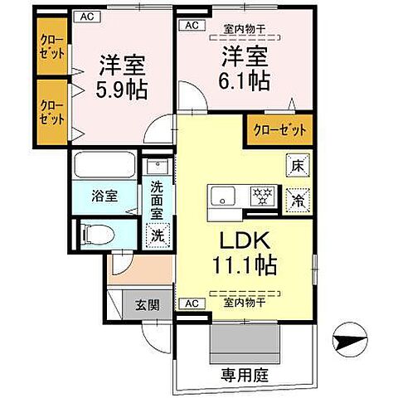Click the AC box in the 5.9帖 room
(85, 16)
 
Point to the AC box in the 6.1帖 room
(192, 26)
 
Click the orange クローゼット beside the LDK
(279, 130)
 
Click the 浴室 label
(105, 197)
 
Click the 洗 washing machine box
(158, 235)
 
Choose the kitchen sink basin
(225, 197)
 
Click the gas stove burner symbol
(263, 197)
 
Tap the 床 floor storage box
(296, 166)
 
